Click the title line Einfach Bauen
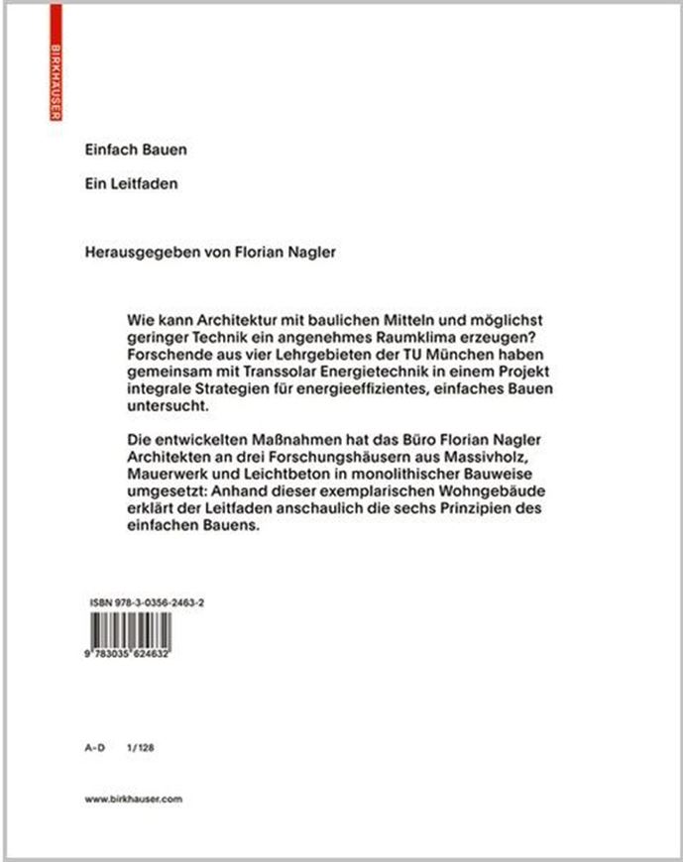click(x=136, y=151)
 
